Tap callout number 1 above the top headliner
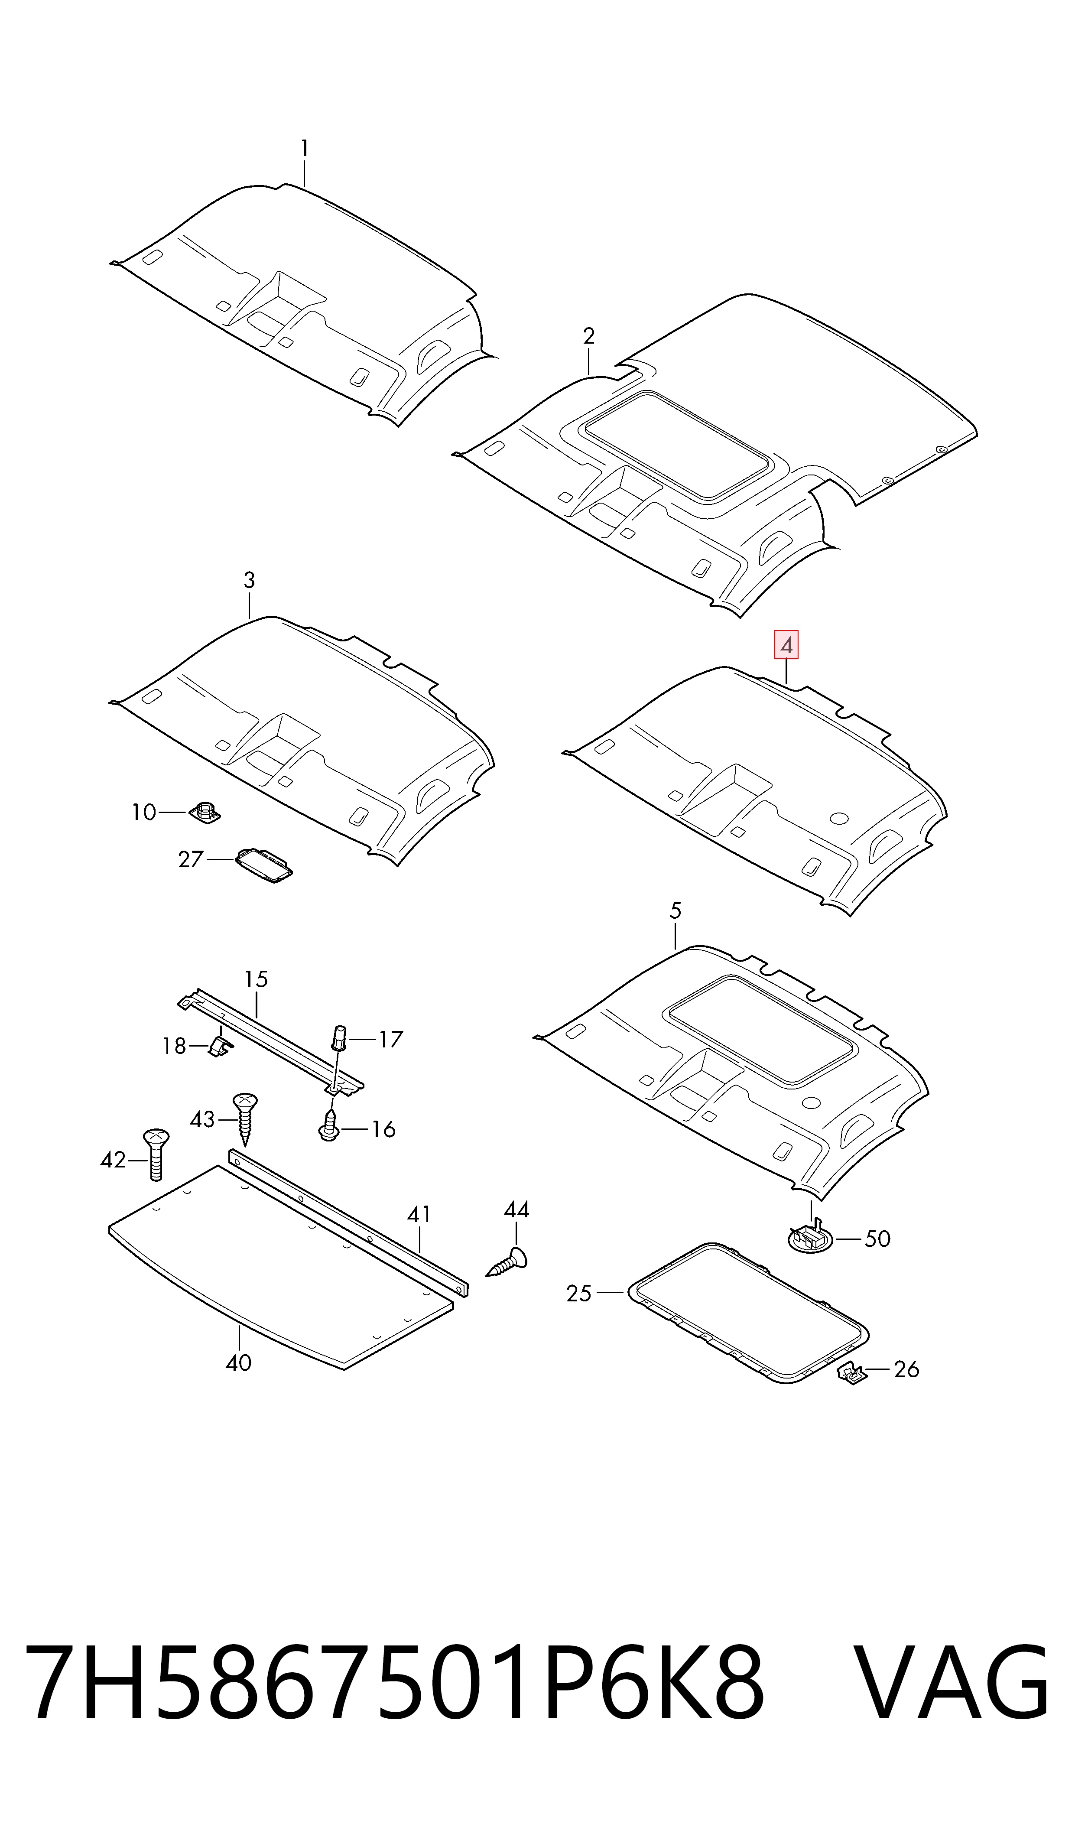(x=304, y=149)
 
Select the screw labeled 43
(x=245, y=1119)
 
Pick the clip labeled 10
(x=204, y=812)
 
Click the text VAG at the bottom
(x=951, y=1682)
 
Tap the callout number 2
(x=589, y=336)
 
